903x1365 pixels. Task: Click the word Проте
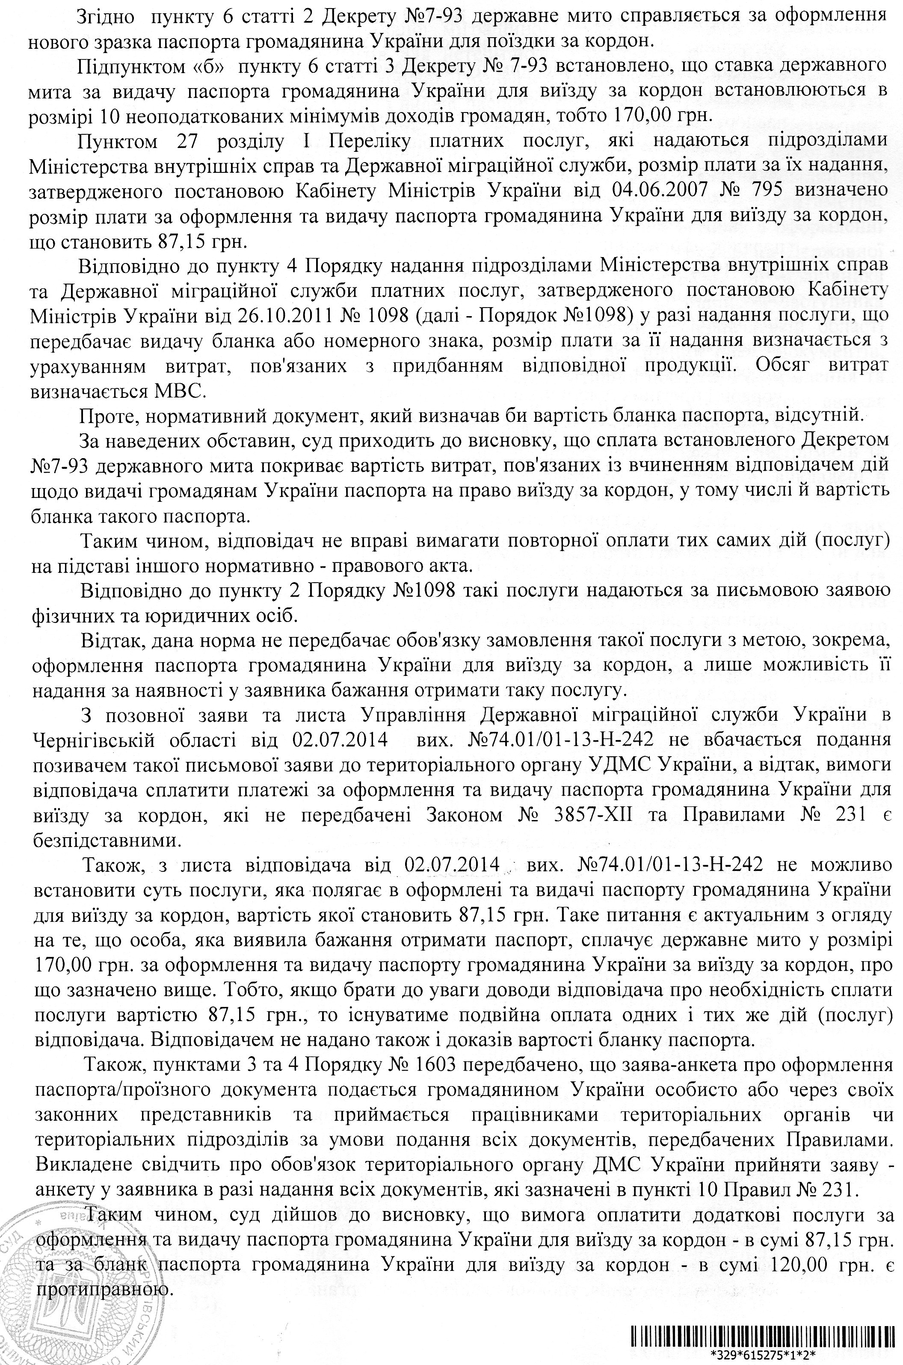tap(107, 415)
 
